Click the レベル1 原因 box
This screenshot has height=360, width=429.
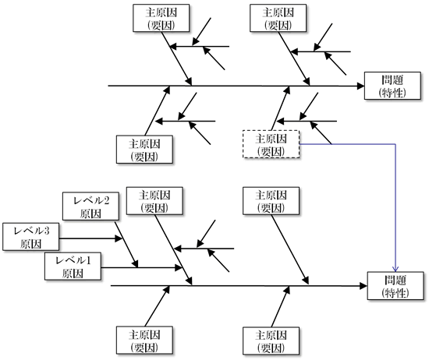pyautogui.click(x=73, y=266)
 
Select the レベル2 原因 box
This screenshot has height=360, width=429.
pyautogui.click(x=90, y=206)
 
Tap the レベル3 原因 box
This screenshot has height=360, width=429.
pyautogui.click(x=31, y=237)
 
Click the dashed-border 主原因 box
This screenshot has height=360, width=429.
pyautogui.click(x=271, y=144)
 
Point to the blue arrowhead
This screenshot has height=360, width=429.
pyautogui.click(x=395, y=269)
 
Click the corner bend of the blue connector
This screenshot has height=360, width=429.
pyautogui.click(x=395, y=144)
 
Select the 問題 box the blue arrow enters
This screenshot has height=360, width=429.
pyautogui.click(x=395, y=286)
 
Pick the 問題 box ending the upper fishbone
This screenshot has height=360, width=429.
pyautogui.click(x=392, y=86)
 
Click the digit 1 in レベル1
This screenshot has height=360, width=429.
pyautogui.click(x=88, y=260)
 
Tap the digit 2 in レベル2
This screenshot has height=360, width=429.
pyautogui.click(x=106, y=200)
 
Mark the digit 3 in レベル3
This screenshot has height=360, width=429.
pyautogui.click(x=47, y=231)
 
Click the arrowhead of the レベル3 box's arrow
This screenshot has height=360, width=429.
pyautogui.click(x=119, y=238)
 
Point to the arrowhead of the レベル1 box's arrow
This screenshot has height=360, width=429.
pyautogui.click(x=179, y=267)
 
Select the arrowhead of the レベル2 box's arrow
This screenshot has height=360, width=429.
pyautogui.click(x=135, y=263)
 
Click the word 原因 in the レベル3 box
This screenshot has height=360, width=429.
pyautogui.click(x=31, y=244)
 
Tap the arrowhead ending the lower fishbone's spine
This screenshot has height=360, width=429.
pyautogui.click(x=363, y=286)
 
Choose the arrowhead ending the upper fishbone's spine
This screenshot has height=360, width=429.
pyautogui.click(x=360, y=86)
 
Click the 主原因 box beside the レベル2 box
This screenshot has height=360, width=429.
pyautogui.click(x=154, y=201)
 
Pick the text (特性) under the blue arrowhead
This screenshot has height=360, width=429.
pyautogui.click(x=395, y=293)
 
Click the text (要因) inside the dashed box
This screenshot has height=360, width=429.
pyautogui.click(x=271, y=152)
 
